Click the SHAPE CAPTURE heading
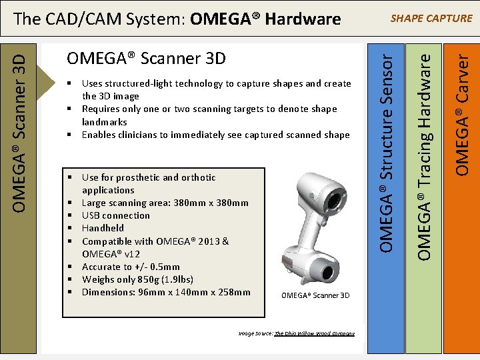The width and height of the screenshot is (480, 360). click(431, 18)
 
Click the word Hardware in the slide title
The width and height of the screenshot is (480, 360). click(305, 19)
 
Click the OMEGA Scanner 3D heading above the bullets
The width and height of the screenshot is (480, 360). click(146, 59)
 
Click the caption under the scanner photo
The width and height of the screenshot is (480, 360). click(315, 295)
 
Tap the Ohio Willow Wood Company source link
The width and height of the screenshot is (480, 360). click(314, 333)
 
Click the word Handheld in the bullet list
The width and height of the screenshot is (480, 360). click(103, 228)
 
